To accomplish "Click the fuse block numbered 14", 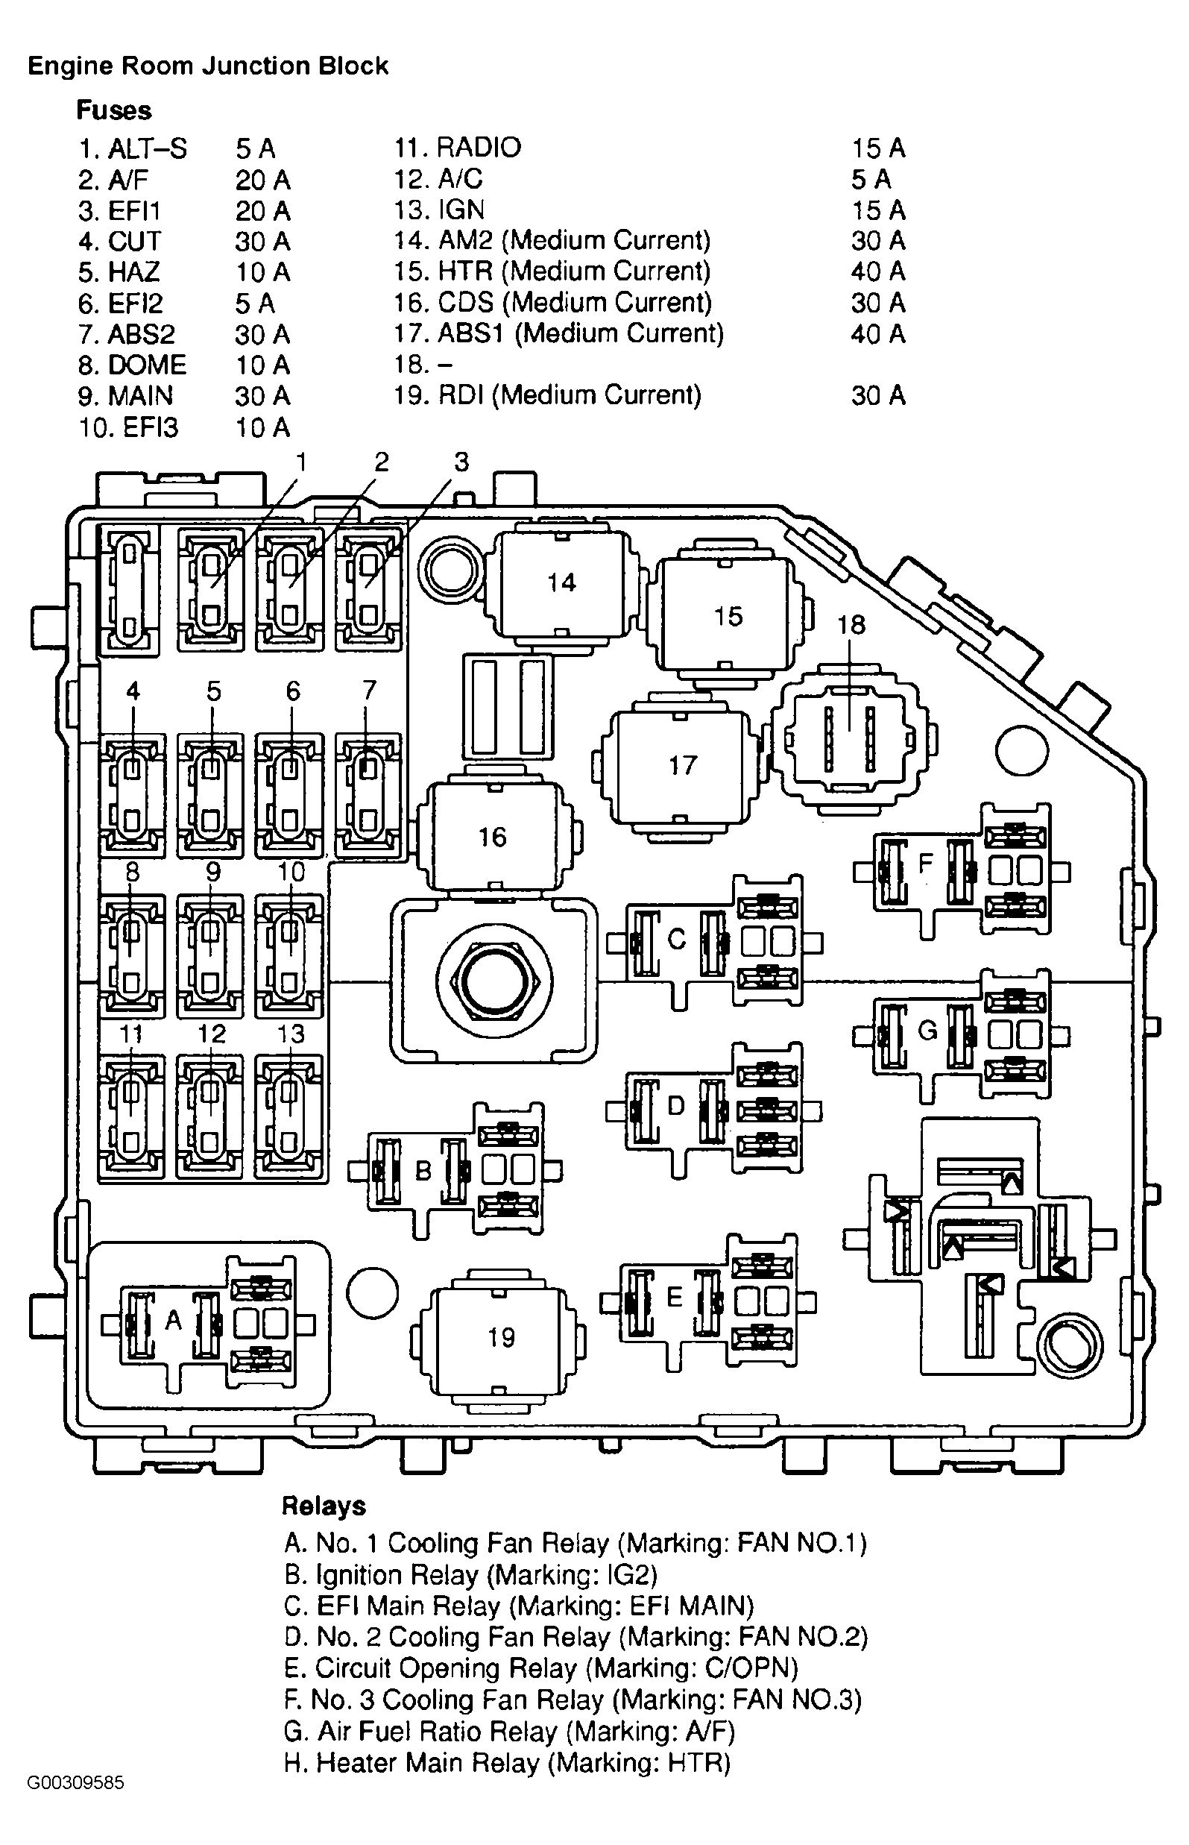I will [x=561, y=582].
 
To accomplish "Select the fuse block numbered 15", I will [x=728, y=616].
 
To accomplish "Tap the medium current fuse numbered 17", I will [x=683, y=765].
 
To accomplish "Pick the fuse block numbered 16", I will [x=493, y=837].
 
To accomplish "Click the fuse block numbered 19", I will [x=500, y=1337].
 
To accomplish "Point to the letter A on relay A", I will [x=174, y=1321].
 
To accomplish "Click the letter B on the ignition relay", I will [x=423, y=1172].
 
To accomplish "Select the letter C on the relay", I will [x=676, y=939].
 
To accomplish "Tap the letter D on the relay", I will [x=675, y=1106].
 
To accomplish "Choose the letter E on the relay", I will [x=674, y=1297].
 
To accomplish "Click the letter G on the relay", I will [x=927, y=1030].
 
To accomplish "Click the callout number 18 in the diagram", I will [x=851, y=624].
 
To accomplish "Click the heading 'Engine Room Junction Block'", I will [x=208, y=66].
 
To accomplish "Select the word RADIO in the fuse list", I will [x=479, y=148].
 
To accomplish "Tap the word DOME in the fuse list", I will [x=147, y=365].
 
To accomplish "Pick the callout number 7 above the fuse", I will [x=369, y=690].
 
